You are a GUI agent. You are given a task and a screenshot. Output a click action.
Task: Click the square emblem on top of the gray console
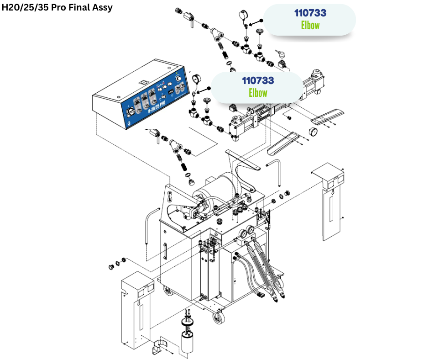[142, 82]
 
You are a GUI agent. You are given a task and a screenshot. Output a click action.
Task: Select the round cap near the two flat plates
[314, 132]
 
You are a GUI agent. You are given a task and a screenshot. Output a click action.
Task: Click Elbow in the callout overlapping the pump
[258, 93]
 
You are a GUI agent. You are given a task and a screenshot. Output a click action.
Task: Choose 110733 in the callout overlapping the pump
[258, 81]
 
